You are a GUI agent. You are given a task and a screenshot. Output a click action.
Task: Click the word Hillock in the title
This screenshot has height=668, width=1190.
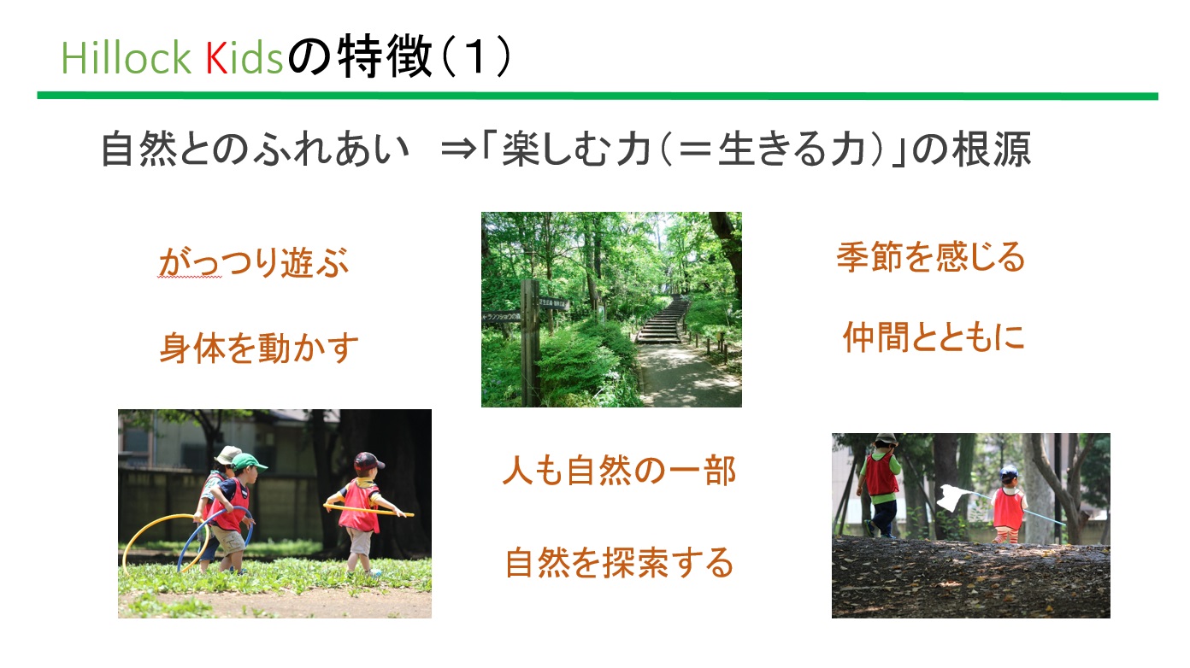point(127,57)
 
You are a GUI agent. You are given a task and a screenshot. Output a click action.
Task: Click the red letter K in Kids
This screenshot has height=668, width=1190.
point(216,57)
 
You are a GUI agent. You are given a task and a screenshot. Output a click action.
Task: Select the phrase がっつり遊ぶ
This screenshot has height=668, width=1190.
point(254,262)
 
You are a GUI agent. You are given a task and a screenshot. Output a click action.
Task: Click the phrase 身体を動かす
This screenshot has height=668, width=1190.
point(259,348)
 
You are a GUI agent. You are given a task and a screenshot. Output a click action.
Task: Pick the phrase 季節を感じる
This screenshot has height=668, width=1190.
point(931,257)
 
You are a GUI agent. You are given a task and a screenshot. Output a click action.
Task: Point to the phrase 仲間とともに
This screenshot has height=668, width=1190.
point(934,337)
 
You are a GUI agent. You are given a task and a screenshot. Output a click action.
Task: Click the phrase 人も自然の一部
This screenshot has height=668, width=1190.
point(619,471)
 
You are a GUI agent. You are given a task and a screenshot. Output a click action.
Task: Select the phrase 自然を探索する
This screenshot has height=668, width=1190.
point(619,562)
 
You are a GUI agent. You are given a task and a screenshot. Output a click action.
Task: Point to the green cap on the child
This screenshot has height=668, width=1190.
point(248,462)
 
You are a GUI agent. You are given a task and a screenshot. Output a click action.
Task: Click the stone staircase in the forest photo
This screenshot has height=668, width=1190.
point(663,320)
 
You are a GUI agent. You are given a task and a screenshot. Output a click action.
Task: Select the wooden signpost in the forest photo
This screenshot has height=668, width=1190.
point(530,343)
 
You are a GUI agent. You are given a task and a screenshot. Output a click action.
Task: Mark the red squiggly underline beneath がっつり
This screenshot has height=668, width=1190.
point(190,277)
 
